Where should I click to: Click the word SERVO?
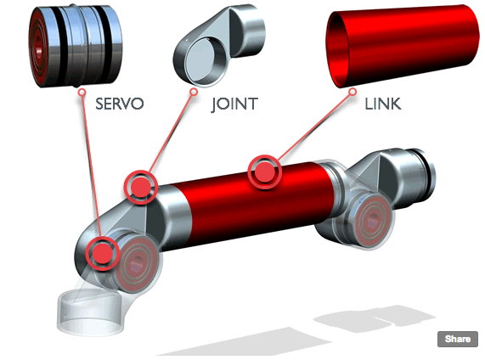pos(120,104)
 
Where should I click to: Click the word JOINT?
pos(234,104)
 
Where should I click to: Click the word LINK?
pos(383,104)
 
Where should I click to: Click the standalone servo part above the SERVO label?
pos(76,46)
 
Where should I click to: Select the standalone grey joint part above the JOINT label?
pos(218,46)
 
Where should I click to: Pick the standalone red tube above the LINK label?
pos(403,46)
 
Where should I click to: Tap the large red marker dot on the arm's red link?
pos(265,172)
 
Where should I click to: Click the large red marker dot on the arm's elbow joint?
pos(141,187)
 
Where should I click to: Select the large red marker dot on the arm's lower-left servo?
pos(103,253)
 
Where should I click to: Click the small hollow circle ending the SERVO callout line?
pos(82,93)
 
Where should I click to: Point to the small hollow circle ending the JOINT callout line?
pos(194,92)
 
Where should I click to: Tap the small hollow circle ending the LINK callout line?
pos(352,92)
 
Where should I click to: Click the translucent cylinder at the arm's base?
pos(90,312)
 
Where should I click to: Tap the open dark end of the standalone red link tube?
pos(338,49)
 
